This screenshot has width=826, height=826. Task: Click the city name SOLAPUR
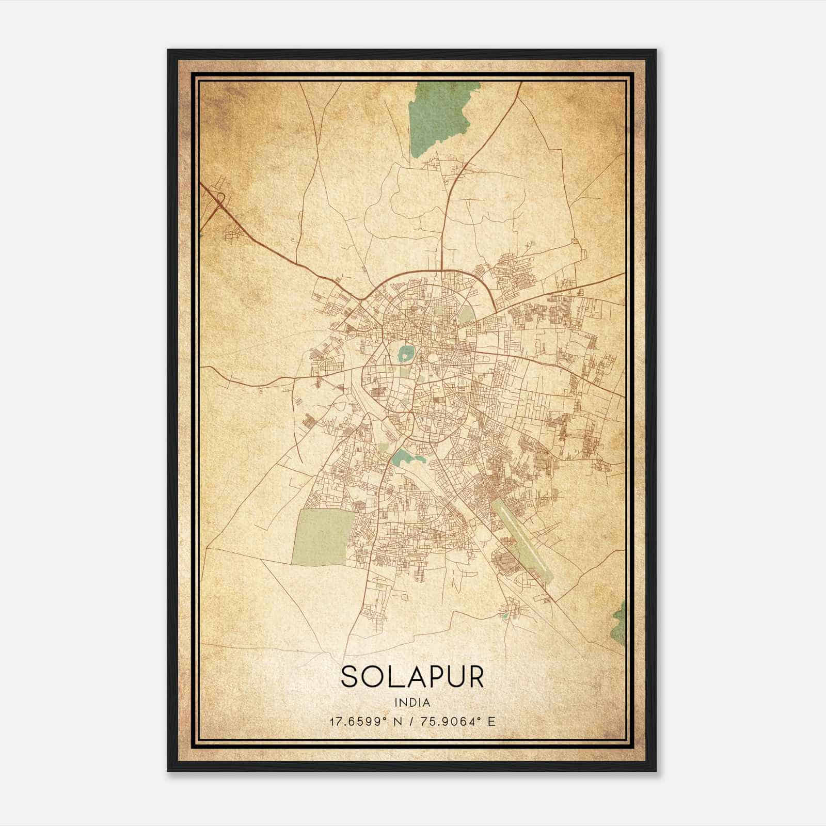click(412, 676)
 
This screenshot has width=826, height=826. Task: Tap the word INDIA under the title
click(412, 703)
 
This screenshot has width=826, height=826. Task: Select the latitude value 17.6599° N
click(370, 721)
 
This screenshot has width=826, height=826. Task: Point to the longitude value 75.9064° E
click(458, 721)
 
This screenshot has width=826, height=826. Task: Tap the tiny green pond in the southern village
click(504, 616)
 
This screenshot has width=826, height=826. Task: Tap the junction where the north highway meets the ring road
click(442, 269)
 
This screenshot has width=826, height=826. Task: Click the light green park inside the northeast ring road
click(467, 314)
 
